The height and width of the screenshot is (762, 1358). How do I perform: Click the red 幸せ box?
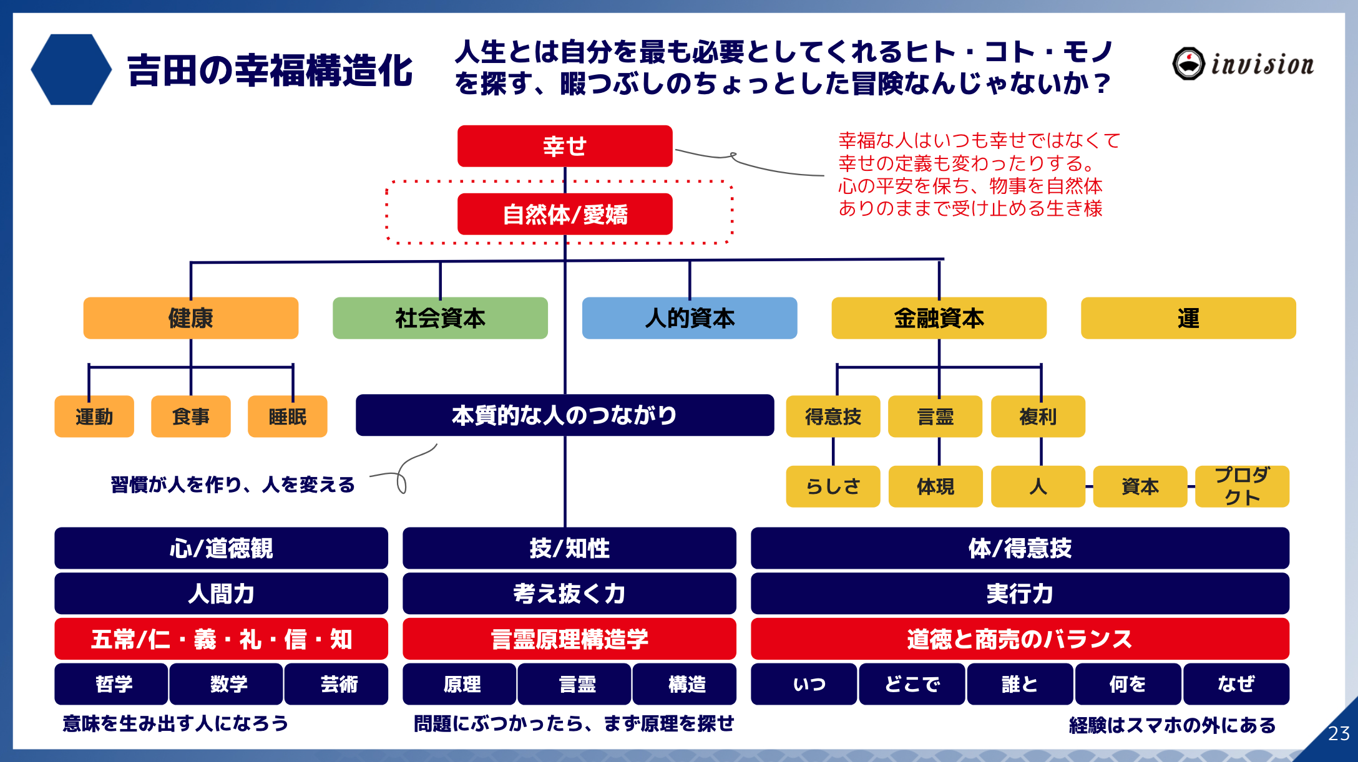(565, 146)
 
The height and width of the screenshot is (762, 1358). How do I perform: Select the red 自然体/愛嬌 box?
(565, 214)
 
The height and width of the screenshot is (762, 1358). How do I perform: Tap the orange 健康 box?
(191, 318)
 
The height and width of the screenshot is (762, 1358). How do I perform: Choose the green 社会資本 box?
(440, 318)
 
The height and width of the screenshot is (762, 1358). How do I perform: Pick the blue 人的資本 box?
(690, 318)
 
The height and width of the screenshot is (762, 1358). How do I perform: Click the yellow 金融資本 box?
(939, 318)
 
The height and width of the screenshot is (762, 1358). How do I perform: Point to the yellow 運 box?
(1188, 318)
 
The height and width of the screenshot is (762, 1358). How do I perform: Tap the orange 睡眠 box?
(287, 416)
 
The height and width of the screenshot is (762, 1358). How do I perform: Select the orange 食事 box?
(191, 416)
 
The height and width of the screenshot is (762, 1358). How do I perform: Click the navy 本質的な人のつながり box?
(565, 415)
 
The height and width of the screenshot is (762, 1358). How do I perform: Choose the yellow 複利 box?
(1038, 416)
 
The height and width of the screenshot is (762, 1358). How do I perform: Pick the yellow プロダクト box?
(1242, 486)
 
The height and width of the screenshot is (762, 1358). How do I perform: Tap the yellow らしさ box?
(833, 486)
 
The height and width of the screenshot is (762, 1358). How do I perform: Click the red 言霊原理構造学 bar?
(569, 639)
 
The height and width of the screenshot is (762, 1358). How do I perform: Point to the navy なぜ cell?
(1236, 684)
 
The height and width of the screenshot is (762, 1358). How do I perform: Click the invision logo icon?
(1188, 64)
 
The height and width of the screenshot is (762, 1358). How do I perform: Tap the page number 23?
(1339, 733)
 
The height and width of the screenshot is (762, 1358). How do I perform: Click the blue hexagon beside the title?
(71, 69)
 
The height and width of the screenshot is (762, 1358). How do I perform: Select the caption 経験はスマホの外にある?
(1172, 725)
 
